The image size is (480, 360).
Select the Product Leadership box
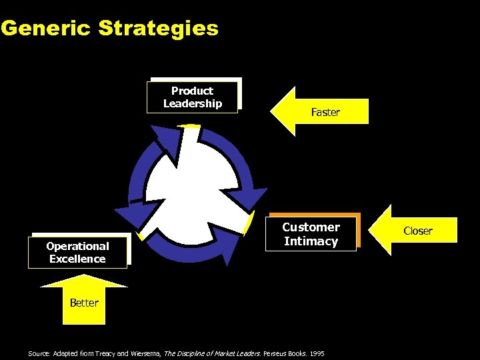pos(193,97)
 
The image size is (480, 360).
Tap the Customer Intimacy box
pos(311,234)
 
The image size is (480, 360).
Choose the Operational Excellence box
pos(77,253)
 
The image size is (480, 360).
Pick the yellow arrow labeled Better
pos(84,300)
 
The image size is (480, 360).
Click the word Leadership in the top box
pos(193,104)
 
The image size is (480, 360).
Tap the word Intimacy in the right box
pos(311,241)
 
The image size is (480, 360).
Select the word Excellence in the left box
pos(77,259)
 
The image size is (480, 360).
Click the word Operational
pos(77,246)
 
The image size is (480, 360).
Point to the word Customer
pos(311,227)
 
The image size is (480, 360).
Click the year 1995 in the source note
pos(317,353)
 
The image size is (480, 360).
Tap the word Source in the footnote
pos(37,353)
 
